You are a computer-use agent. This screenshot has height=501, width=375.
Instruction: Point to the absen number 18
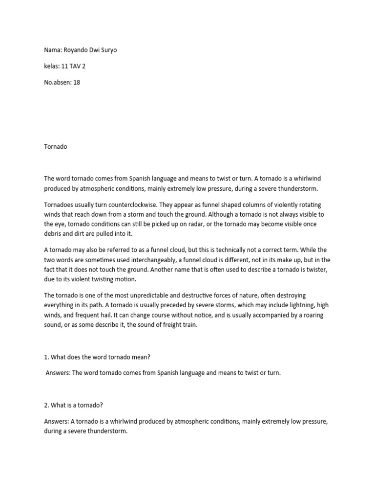(76, 82)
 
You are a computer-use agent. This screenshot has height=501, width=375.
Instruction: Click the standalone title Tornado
(56, 146)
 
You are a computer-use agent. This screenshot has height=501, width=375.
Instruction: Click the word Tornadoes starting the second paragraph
(61, 205)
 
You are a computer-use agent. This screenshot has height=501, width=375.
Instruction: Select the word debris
(54, 233)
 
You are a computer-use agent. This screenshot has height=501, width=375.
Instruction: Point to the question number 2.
(46, 404)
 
